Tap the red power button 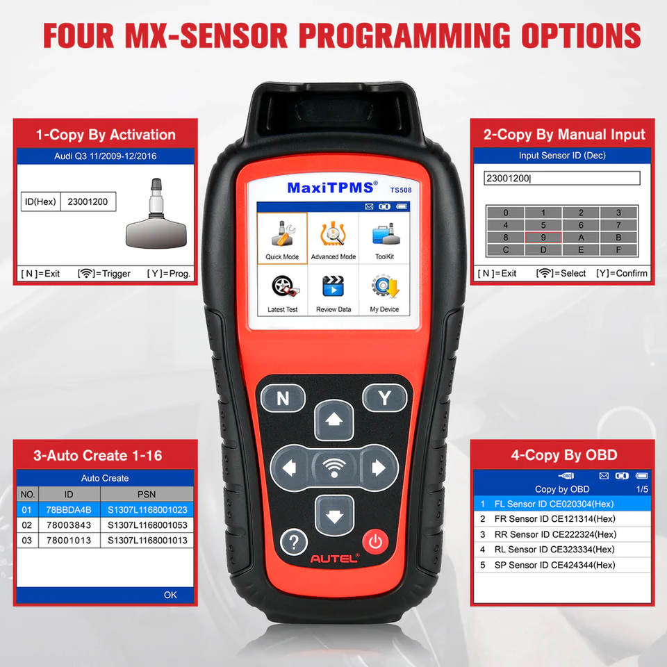[375, 541]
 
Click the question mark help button [293, 542]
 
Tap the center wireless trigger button [334, 468]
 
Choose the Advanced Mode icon [333, 233]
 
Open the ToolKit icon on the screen [385, 234]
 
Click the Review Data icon [333, 286]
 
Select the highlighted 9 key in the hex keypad [543, 238]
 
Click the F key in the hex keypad [618, 249]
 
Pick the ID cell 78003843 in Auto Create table [69, 525]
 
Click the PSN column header [147, 494]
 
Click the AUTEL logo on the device [334, 559]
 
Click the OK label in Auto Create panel [170, 595]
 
